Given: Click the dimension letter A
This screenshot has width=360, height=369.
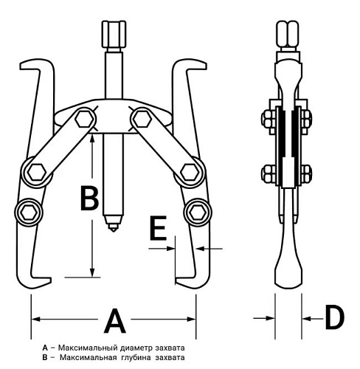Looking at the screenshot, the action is point(114,320).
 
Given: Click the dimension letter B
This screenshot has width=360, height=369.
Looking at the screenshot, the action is point(90,199).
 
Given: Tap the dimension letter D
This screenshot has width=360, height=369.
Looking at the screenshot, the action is point(334,317).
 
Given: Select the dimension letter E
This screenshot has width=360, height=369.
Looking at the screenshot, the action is point(159,228).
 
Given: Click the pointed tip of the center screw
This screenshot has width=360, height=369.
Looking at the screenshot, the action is point(113,231).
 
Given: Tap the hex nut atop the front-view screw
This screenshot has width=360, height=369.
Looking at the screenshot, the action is point(114,34).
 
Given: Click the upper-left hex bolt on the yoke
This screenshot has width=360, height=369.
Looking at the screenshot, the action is point(85,120).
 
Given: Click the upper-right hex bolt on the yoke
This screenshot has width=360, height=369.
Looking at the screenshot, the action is point(141,119).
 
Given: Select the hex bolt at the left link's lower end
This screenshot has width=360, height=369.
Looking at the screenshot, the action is point(37,172).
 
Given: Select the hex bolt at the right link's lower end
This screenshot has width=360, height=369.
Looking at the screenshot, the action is point(190,172).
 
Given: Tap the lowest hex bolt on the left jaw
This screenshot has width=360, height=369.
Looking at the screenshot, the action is point(29,212).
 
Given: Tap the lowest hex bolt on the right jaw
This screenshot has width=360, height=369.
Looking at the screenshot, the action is point(198,212).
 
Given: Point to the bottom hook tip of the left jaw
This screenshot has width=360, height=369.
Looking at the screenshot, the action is point(50,280).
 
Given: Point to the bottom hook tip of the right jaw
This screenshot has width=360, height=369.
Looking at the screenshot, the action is point(177,280).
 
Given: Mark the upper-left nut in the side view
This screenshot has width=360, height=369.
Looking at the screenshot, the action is point(269,120).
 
